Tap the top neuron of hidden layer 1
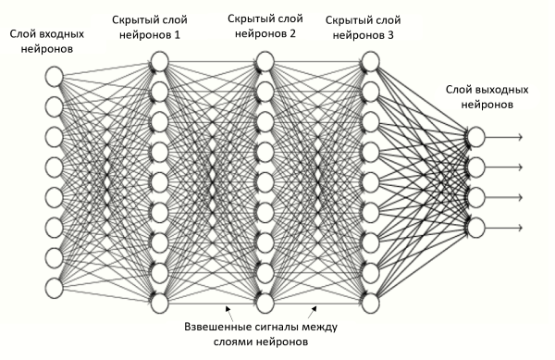[x=158, y=61]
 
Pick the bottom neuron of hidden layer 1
[x=158, y=303]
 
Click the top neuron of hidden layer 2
[x=265, y=61]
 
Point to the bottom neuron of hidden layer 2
[x=265, y=303]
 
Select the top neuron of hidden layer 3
[x=370, y=61]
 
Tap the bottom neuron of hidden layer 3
[x=370, y=303]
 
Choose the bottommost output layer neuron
[x=475, y=227]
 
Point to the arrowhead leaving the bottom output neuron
[x=522, y=227]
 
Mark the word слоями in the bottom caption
[x=233, y=343]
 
